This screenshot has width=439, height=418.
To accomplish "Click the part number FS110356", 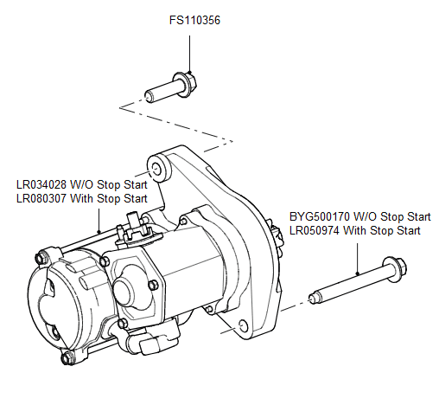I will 194,19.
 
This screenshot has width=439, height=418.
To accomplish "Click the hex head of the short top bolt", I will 188,84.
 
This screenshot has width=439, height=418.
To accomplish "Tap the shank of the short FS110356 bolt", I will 160,90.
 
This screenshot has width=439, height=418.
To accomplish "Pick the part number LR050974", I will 319,230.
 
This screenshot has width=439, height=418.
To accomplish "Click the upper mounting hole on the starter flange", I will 157,164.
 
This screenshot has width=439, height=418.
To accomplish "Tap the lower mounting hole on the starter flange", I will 243,325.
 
